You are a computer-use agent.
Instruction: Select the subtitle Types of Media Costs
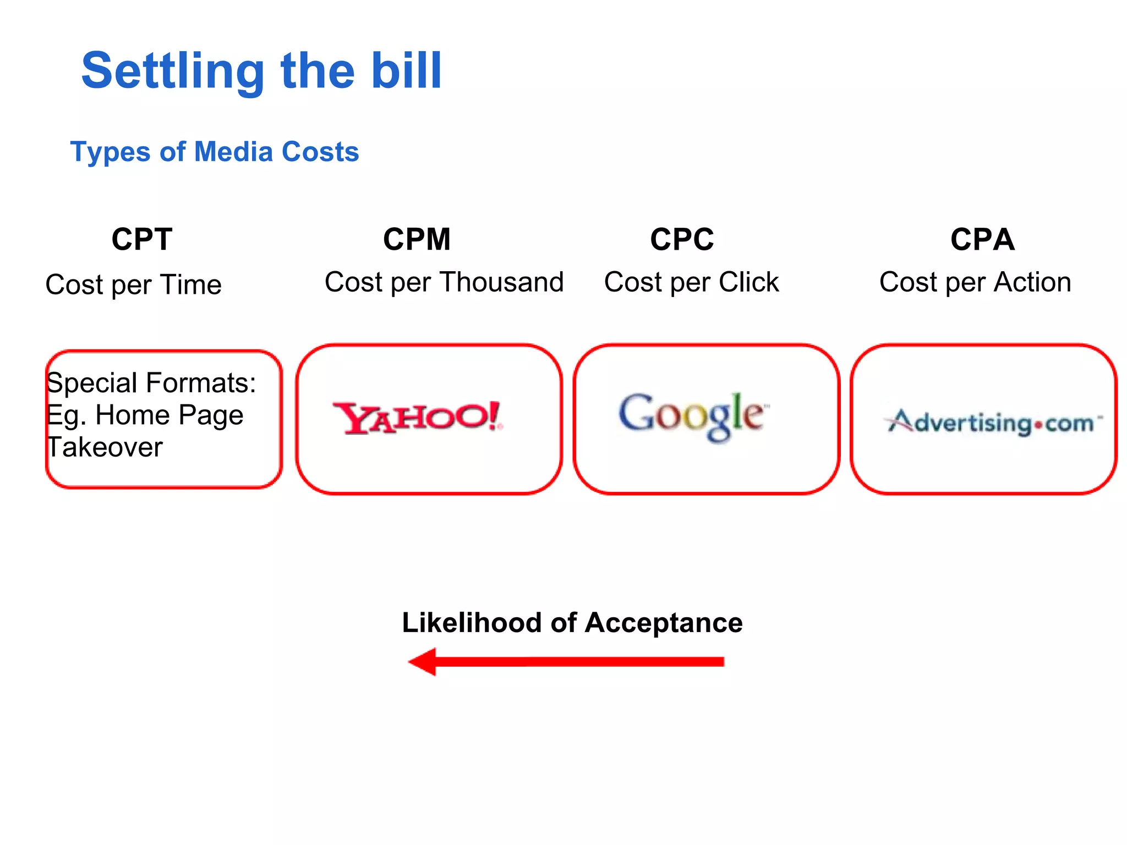[215, 152]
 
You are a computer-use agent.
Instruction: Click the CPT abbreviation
[142, 239]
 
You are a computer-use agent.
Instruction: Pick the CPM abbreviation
[417, 239]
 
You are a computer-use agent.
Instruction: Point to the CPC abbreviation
[682, 239]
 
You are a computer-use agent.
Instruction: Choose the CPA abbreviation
[982, 239]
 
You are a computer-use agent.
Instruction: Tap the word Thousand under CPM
[502, 282]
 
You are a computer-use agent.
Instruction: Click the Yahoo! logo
[417, 418]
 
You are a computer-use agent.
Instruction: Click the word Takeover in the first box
[105, 447]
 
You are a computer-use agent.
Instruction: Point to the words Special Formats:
[151, 383]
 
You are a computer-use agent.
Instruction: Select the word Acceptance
[663, 623]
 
